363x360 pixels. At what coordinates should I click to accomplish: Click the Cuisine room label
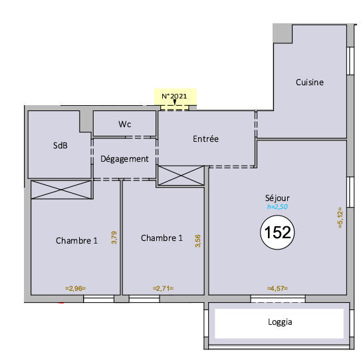(309, 83)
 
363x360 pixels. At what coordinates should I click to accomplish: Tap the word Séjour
(277, 198)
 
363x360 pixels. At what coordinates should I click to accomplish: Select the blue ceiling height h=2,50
(277, 208)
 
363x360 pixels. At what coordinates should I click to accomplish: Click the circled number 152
(277, 232)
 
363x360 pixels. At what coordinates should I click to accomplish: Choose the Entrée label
(205, 139)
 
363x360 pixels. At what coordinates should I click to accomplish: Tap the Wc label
(124, 124)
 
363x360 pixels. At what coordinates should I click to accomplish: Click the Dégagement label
(124, 159)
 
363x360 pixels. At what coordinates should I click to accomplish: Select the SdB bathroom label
(60, 146)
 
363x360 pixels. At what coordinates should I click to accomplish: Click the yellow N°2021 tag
(175, 96)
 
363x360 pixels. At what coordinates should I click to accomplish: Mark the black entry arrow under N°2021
(175, 104)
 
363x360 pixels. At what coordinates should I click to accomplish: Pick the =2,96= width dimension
(76, 288)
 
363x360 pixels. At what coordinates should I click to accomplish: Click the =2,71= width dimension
(163, 288)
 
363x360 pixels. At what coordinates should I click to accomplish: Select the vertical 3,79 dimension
(114, 238)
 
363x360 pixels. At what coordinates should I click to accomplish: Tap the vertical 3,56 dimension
(197, 241)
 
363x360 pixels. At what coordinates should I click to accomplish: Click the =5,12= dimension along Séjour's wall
(340, 218)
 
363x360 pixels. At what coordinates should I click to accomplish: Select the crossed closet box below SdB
(61, 189)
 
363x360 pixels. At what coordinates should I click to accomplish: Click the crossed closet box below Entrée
(181, 176)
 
